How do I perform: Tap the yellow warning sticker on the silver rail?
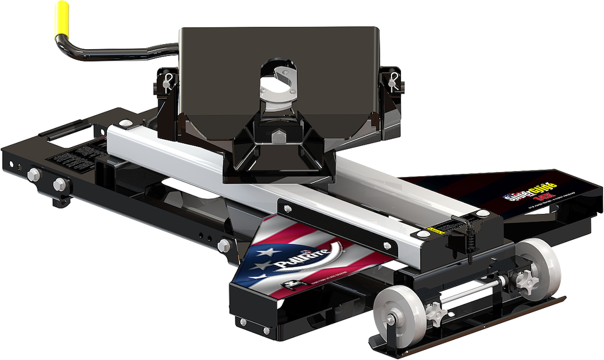coord(432,229)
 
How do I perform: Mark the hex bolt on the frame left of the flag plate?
coord(225,244)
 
